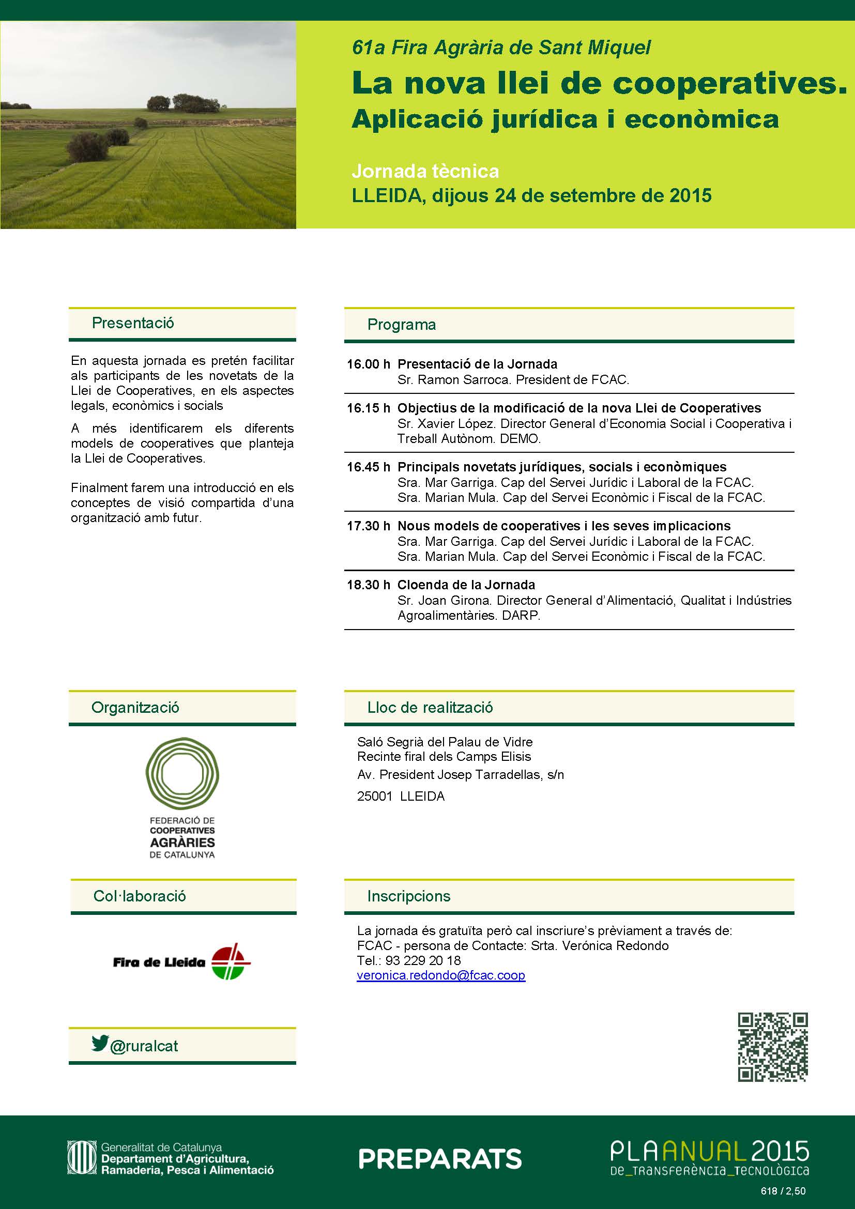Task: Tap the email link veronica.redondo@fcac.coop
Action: click(440, 975)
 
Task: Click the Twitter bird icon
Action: click(99, 1043)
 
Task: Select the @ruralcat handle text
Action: click(144, 1046)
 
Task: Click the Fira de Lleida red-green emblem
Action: click(231, 961)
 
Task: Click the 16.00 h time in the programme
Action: click(368, 364)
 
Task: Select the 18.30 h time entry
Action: click(368, 585)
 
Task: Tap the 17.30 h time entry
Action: click(368, 526)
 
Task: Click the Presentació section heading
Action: click(133, 323)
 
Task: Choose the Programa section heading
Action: click(401, 325)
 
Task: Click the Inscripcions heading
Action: click(408, 896)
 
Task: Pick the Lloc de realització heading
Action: click(430, 707)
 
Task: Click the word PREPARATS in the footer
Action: click(439, 1159)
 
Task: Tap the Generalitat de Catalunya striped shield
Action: click(82, 1158)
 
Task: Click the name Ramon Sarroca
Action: click(463, 380)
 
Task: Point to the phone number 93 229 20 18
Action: click(423, 960)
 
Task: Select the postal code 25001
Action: click(374, 796)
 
